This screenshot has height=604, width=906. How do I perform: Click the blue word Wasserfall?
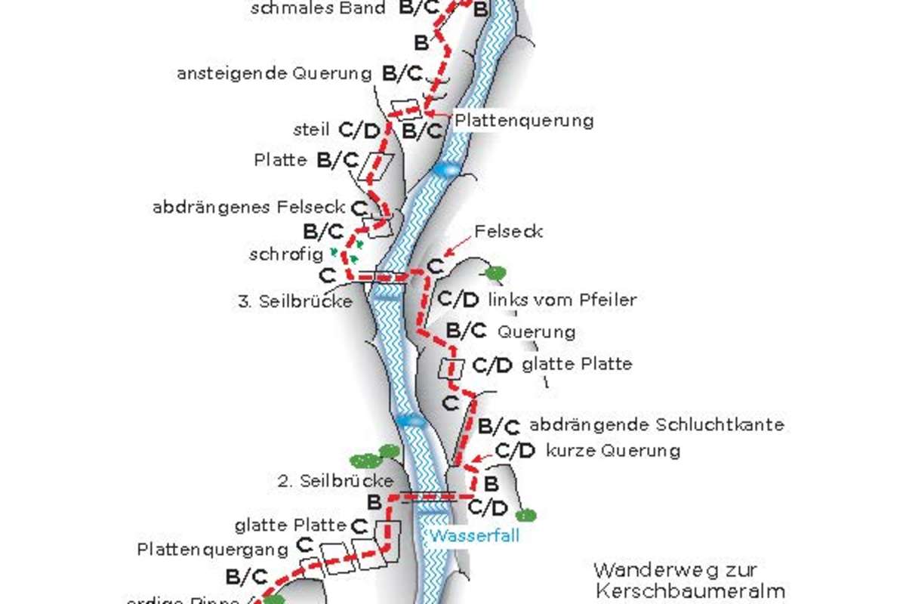(x=476, y=537)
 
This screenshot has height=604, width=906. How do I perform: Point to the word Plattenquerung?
(x=524, y=120)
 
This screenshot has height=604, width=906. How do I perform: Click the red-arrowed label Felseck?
(x=508, y=231)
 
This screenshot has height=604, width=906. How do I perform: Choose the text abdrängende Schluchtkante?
(x=656, y=424)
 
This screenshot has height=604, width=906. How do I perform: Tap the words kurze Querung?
(x=612, y=451)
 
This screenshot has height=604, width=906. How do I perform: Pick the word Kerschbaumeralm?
(x=689, y=590)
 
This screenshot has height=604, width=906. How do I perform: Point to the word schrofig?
(x=286, y=254)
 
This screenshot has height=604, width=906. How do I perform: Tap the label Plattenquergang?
(x=214, y=549)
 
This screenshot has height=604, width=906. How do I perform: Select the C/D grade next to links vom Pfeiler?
(x=458, y=300)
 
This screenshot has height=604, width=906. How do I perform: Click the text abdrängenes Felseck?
(x=249, y=206)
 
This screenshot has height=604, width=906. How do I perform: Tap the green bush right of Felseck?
(x=495, y=272)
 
